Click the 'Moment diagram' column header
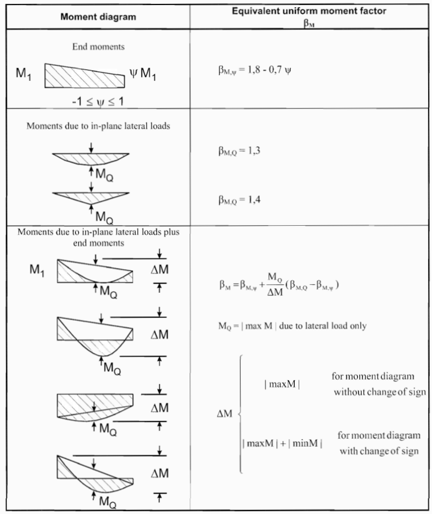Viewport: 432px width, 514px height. (x=98, y=16)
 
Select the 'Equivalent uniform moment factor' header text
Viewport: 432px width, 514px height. (x=310, y=11)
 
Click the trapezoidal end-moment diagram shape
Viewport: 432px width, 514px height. (x=84, y=74)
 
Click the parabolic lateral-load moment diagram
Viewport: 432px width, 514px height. (x=91, y=158)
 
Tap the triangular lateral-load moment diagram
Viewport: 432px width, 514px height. (x=91, y=197)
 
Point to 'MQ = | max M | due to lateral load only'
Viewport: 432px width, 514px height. (x=292, y=326)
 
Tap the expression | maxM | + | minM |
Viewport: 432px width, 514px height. (x=282, y=443)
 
